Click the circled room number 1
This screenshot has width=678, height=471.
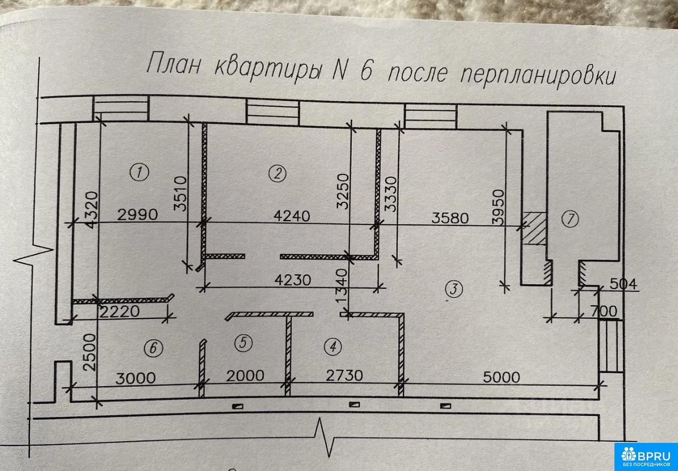[x=139, y=172]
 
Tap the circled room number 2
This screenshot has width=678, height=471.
[x=277, y=173]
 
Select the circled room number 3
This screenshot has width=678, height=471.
[x=453, y=289]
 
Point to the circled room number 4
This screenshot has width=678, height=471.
[x=333, y=346]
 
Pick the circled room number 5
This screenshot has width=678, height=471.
[x=244, y=343]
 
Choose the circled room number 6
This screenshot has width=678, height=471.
[x=154, y=348]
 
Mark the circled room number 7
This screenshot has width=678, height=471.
[x=570, y=219]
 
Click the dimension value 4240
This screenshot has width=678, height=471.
[x=291, y=216]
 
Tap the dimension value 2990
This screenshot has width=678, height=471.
[x=137, y=215]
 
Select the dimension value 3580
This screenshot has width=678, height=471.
[x=450, y=218]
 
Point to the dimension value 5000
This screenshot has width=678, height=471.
[x=501, y=377]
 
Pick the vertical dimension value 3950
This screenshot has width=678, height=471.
[x=498, y=207]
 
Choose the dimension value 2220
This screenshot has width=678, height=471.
[x=120, y=311]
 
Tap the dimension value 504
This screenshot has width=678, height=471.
[x=623, y=284]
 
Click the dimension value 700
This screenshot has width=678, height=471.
[x=603, y=311]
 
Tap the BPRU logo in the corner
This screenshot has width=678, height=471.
[x=646, y=457]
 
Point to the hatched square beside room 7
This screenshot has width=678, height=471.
[x=534, y=229]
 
